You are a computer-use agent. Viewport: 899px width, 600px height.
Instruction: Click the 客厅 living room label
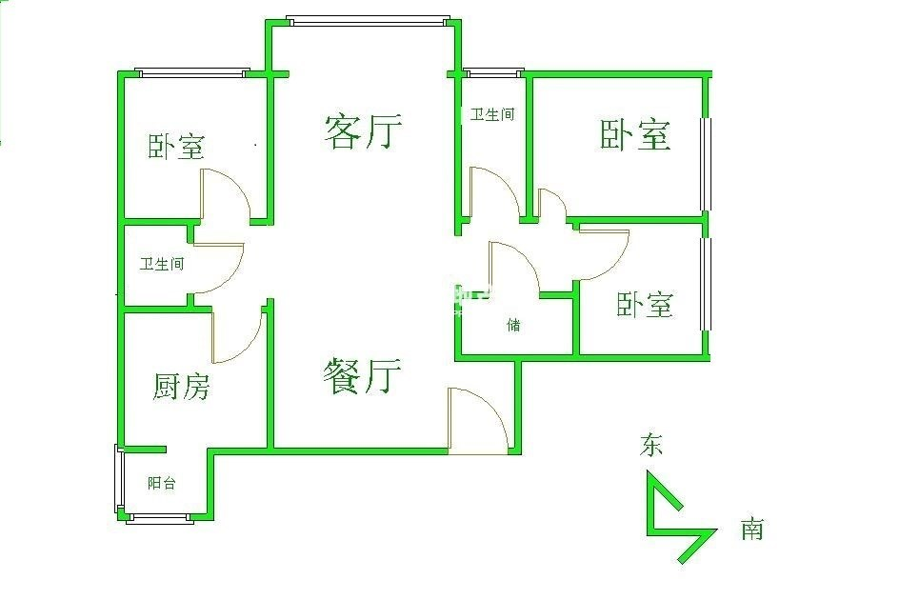point(363,132)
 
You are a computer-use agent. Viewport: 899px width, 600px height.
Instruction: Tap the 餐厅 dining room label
point(362,376)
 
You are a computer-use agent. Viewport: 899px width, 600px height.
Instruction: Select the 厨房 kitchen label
point(181,386)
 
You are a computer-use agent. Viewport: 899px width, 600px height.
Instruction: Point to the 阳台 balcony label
point(161,483)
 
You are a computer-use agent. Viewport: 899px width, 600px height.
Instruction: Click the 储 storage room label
point(513,325)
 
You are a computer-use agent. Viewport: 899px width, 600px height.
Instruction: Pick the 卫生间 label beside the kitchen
point(162,264)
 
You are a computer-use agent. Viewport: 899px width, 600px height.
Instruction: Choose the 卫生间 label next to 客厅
point(492,114)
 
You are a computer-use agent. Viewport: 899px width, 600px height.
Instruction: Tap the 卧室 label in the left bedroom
point(176,147)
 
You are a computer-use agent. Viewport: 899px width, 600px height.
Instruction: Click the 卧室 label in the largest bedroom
point(635,135)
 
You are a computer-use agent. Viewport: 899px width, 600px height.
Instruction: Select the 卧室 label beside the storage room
point(645,305)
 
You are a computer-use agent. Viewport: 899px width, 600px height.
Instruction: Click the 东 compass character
point(651,445)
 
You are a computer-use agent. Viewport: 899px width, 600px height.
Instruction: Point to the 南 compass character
point(752,529)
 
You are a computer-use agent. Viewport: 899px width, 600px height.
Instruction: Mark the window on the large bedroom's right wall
point(706,164)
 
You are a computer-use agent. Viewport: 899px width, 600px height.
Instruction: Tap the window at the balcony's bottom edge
point(159,518)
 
